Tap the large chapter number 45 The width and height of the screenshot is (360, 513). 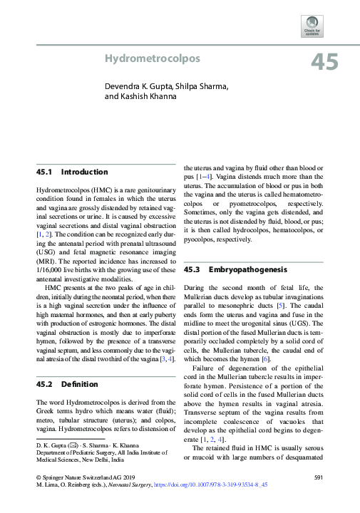tap(324, 63)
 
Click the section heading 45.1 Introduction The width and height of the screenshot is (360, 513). tap(72, 172)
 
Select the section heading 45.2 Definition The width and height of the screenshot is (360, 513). tap(68, 384)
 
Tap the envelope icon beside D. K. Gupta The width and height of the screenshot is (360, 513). tap(71, 444)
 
